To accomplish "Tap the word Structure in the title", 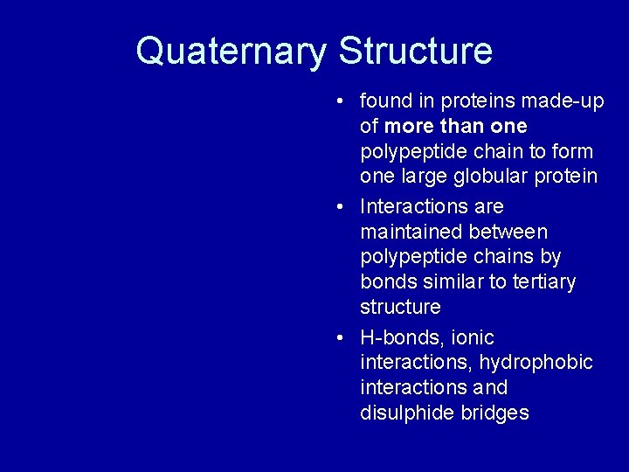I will click(415, 51).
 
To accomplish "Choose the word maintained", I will click(411, 232).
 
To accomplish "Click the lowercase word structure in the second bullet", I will click(400, 307).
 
